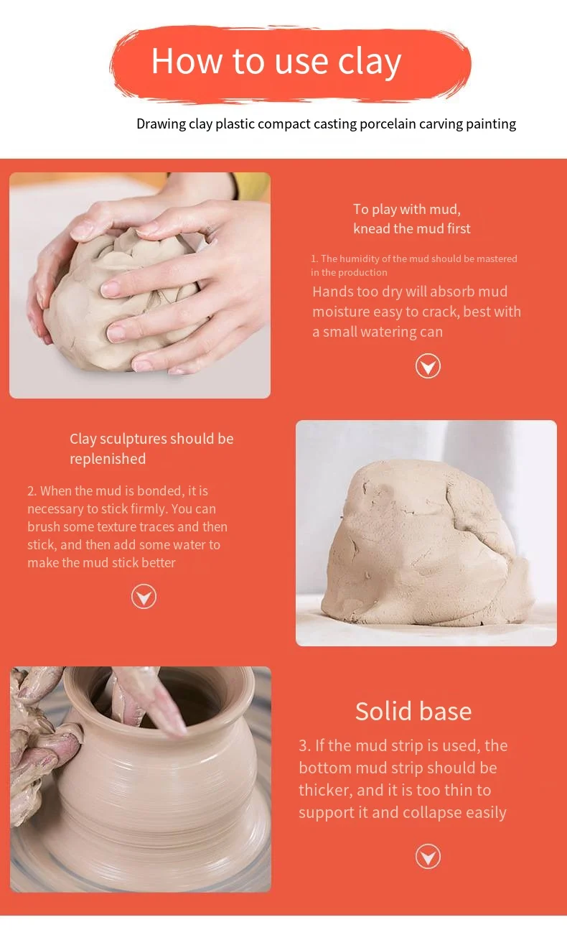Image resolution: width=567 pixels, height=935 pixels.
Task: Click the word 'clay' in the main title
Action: click(x=369, y=62)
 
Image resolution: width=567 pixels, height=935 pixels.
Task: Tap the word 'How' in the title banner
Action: click(x=187, y=61)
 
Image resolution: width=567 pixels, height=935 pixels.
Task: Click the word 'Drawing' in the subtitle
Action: click(x=161, y=124)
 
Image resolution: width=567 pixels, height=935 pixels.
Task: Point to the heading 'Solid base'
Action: click(x=413, y=712)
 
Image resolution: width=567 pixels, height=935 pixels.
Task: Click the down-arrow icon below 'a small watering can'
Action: click(x=428, y=366)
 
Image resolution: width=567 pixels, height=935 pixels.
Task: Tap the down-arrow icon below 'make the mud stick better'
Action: click(x=144, y=597)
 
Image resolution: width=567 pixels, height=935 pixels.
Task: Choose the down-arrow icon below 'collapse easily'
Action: click(x=428, y=857)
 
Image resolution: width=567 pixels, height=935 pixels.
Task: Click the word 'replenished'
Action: click(x=108, y=459)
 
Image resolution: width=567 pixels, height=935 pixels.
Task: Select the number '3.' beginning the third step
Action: click(x=305, y=746)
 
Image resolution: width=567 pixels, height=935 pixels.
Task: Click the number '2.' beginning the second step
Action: click(x=32, y=491)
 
